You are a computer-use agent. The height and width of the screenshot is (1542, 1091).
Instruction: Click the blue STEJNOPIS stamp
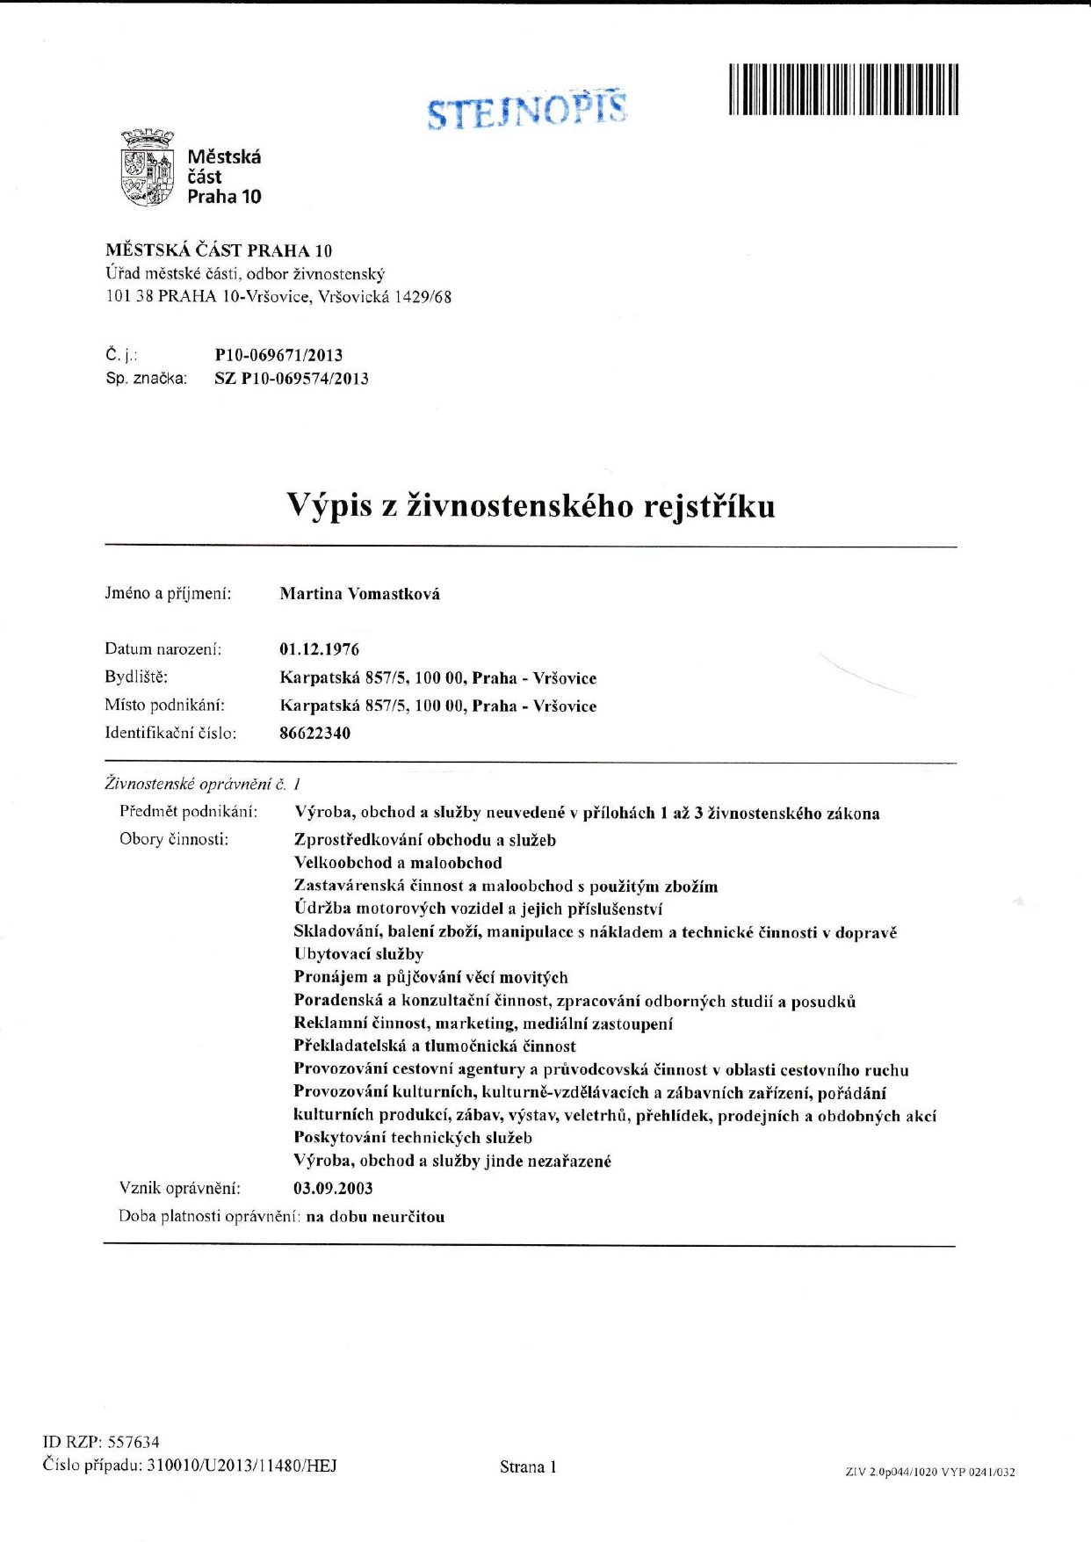pos(527,110)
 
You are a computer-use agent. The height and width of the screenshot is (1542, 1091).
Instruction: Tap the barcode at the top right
pos(842,90)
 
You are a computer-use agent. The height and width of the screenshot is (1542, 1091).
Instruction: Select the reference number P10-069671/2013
pos(278,355)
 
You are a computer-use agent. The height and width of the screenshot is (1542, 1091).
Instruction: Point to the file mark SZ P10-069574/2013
pos(292,379)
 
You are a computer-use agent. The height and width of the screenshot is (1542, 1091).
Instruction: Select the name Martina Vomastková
pos(359,594)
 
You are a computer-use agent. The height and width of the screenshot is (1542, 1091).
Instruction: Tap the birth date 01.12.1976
pos(319,649)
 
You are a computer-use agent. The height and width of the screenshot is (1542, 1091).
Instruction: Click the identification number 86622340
pos(314,733)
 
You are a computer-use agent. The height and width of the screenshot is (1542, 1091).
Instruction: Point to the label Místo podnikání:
pos(164,705)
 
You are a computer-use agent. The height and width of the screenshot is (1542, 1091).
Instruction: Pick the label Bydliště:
pos(136,677)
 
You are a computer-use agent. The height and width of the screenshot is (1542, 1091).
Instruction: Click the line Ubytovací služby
pos(358,954)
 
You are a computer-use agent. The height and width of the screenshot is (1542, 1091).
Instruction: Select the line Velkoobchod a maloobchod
pos(398,863)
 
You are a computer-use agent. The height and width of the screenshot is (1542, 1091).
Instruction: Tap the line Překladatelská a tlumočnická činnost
pos(435,1046)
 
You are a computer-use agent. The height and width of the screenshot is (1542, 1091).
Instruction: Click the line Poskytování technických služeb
pos(413,1138)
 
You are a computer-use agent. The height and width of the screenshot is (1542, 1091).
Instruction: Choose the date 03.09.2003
pos(333,1189)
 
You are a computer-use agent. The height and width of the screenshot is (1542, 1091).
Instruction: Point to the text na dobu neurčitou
pos(375,1217)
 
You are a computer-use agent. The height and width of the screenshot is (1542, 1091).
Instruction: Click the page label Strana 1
pos(528,1466)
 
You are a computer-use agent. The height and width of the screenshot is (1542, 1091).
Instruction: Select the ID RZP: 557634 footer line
pos(101,1442)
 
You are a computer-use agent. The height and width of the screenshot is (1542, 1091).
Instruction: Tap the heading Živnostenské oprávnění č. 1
pos(203,783)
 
